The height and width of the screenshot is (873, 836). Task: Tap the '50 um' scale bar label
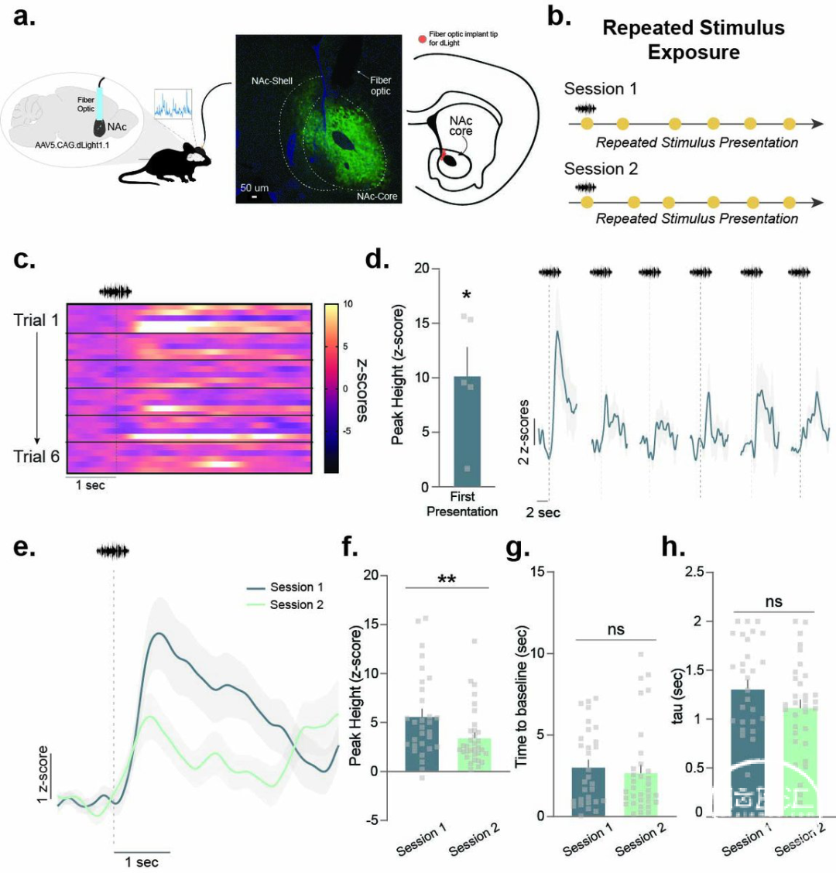[254, 188]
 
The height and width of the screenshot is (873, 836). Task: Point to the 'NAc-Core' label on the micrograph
[377, 197]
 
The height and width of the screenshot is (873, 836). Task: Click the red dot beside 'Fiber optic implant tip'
[422, 38]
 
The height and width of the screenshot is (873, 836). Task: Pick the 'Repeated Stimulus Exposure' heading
[693, 40]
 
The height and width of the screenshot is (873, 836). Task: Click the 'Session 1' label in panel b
[601, 89]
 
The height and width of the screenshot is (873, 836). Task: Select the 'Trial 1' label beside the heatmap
[36, 320]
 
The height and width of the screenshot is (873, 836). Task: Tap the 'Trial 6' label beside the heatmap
[36, 456]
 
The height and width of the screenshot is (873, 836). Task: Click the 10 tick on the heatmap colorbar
[349, 304]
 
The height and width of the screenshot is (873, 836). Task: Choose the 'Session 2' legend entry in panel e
[296, 604]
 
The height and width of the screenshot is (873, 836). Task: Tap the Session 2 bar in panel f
[475, 755]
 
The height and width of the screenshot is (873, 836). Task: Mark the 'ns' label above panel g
[616, 630]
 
